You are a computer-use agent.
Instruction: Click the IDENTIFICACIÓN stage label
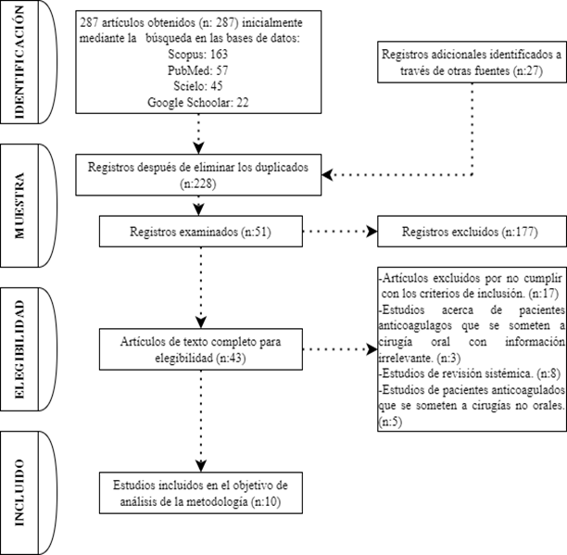pyautogui.click(x=19, y=62)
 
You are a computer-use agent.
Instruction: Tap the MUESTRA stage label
pyautogui.click(x=19, y=206)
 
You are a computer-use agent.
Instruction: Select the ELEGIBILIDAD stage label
pyautogui.click(x=19, y=349)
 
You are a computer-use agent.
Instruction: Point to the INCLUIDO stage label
pyautogui.click(x=19, y=492)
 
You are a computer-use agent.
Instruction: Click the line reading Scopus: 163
pyautogui.click(x=197, y=55)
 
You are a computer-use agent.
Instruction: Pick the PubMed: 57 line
pyautogui.click(x=197, y=70)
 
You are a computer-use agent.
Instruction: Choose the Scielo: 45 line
pyautogui.click(x=197, y=86)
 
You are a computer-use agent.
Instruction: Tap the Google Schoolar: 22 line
pyautogui.click(x=197, y=102)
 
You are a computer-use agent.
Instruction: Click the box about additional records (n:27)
pyautogui.click(x=472, y=62)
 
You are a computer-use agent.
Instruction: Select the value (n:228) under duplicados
pyautogui.click(x=197, y=184)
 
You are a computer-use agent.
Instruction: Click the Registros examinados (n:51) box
pyautogui.click(x=201, y=232)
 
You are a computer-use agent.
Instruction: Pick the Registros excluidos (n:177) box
pyautogui.click(x=472, y=232)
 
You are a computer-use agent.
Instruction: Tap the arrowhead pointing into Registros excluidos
pyautogui.click(x=372, y=232)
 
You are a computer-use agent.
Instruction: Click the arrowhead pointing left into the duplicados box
pyautogui.click(x=327, y=174)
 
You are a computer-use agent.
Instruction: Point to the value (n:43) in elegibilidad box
pyautogui.click(x=231, y=358)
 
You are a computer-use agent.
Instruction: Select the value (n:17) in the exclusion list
pyautogui.click(x=543, y=293)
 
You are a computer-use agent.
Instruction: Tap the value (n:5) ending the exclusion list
pyautogui.click(x=390, y=422)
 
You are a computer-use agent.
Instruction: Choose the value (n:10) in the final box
pyautogui.click(x=265, y=502)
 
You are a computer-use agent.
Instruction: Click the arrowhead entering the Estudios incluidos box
pyautogui.click(x=201, y=466)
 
